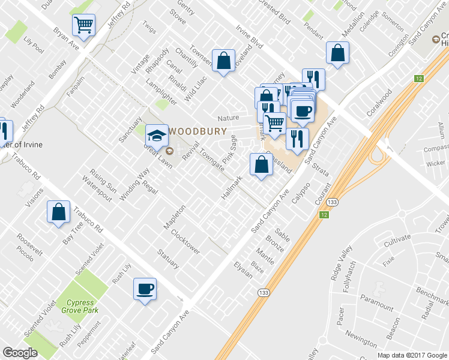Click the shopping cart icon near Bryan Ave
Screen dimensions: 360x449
coord(83,25)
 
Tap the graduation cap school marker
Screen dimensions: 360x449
coord(157,135)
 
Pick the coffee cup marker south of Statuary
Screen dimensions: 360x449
coord(145,289)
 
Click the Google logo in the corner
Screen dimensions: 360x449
coord(20,353)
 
